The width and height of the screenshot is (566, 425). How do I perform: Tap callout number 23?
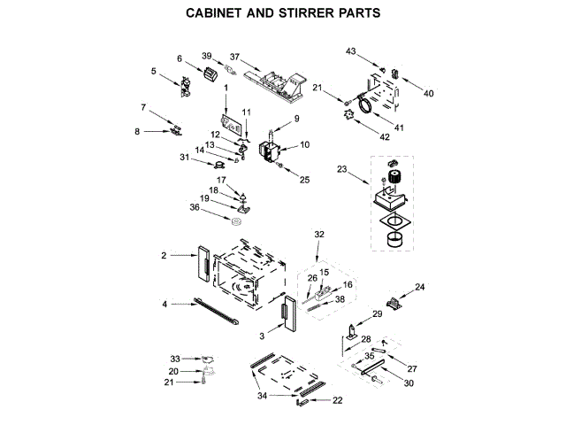pyautogui.click(x=342, y=168)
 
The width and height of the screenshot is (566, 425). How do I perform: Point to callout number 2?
pyautogui.click(x=164, y=255)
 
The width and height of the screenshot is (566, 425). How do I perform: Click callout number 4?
pyautogui.click(x=164, y=304)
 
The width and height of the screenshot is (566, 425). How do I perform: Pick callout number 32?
pyautogui.click(x=320, y=234)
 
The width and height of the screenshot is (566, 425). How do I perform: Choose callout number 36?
pyautogui.click(x=194, y=207)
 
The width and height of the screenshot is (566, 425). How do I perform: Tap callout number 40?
pyautogui.click(x=429, y=93)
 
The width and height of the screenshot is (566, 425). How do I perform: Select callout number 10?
pyautogui.click(x=304, y=144)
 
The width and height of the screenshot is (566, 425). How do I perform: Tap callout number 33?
pyautogui.click(x=175, y=358)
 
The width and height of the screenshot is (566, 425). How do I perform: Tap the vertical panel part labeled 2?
pyautogui.click(x=202, y=264)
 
